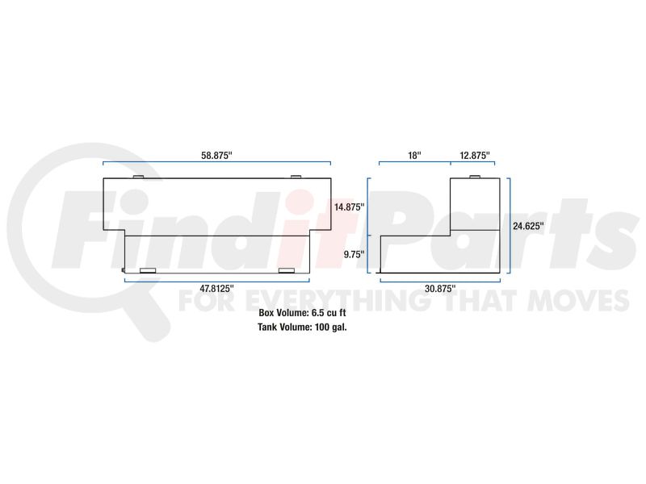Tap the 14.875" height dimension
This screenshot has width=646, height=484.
[x=349, y=207]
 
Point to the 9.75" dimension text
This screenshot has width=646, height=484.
[x=354, y=253]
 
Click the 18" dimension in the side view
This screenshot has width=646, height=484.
[x=414, y=155]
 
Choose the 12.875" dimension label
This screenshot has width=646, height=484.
[x=475, y=155]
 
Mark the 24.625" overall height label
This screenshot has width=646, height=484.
[x=529, y=226]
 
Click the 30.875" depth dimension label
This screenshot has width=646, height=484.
[x=441, y=288]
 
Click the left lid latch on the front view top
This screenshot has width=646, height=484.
[x=137, y=176]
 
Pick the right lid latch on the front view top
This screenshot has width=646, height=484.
[x=296, y=176]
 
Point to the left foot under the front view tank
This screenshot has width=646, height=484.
[x=148, y=271]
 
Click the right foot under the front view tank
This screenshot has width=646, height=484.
[x=287, y=271]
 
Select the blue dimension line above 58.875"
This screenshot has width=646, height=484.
[x=216, y=164]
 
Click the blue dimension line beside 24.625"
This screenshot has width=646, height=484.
[x=509, y=226]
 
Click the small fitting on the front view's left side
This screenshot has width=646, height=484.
[x=123, y=270]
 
